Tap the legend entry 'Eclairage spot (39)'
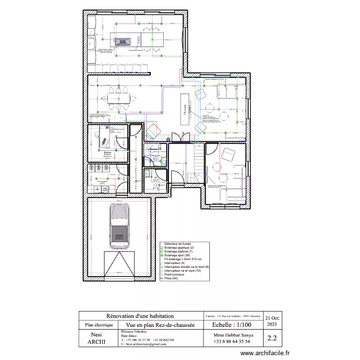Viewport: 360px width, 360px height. (178, 255)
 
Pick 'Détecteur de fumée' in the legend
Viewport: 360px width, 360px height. (178, 244)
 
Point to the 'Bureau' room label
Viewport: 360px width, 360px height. (107, 153)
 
